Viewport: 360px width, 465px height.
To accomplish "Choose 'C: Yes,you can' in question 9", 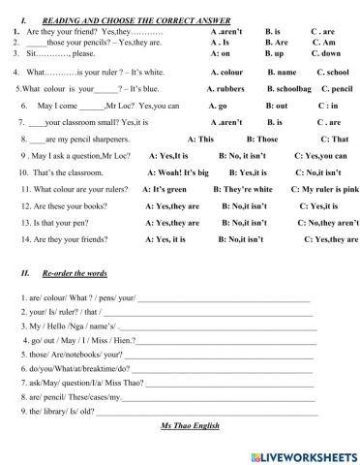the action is [x=320, y=155].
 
